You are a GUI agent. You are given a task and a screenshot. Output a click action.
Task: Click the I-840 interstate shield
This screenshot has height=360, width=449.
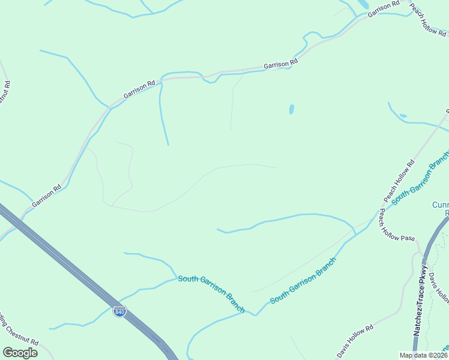coord(120,311)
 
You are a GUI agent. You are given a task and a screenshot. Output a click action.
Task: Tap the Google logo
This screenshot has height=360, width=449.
coord(20,353)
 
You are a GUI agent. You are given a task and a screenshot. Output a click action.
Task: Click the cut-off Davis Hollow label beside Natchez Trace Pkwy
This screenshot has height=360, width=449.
coord(438,287)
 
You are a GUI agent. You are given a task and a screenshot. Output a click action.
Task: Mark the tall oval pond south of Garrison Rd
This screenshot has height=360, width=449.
coord(292,109)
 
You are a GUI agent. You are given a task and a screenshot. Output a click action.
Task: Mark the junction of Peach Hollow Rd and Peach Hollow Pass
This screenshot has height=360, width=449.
coord(379,209)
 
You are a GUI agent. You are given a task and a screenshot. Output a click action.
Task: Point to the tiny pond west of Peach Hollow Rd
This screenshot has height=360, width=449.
coord(403,116)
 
